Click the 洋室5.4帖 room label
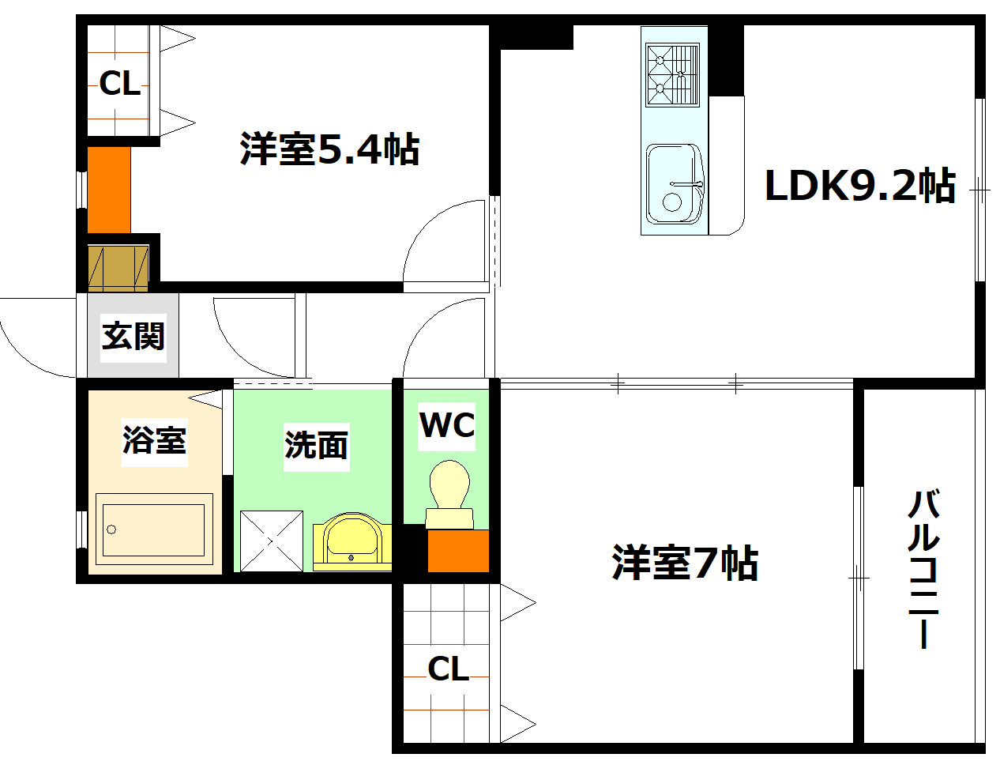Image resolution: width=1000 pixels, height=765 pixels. click(329, 149)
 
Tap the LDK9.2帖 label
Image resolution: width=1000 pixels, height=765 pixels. click(859, 187)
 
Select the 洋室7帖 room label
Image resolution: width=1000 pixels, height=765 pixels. click(685, 563)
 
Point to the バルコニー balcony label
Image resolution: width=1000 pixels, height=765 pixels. click(923, 569)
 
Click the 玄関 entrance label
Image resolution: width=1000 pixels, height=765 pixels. click(133, 337)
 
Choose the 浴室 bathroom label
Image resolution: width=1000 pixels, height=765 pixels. click(154, 440)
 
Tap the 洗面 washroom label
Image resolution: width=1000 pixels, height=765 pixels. click(316, 446)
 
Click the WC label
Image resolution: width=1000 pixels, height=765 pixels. click(446, 425)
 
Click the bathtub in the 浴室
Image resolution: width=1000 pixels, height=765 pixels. click(154, 529)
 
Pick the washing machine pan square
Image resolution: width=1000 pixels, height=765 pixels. click(271, 541)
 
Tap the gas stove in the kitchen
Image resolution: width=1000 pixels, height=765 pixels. click(673, 74)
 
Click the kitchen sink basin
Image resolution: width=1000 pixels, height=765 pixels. click(674, 183)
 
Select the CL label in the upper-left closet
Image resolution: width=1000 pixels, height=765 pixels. click(119, 82)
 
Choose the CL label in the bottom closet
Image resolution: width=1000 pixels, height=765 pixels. click(448, 669)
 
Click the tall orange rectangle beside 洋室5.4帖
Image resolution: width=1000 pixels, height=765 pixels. click(109, 190)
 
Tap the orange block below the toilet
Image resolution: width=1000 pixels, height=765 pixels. click(458, 551)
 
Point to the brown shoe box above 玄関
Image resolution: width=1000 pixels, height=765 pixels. click(118, 269)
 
